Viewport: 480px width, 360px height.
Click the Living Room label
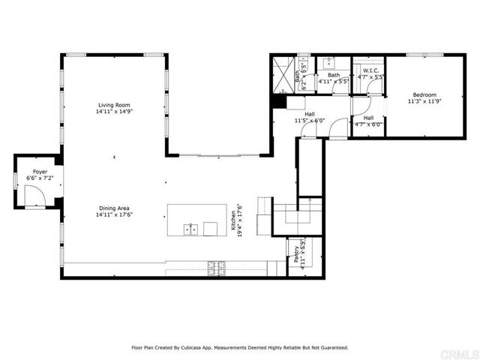pyautogui.click(x=114, y=104)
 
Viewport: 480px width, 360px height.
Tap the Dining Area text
pyautogui.click(x=114, y=208)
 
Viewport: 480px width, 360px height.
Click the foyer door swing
pyautogui.click(x=34, y=197)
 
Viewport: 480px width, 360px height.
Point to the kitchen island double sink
pyautogui.click(x=192, y=228)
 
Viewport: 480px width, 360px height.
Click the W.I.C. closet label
pyautogui.click(x=370, y=70)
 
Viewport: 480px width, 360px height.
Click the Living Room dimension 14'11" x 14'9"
pyautogui.click(x=114, y=111)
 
